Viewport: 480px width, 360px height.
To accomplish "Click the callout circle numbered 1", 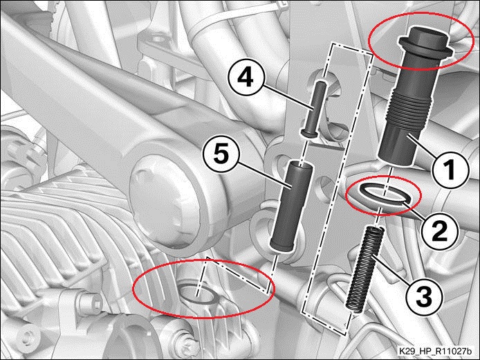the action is [x=450, y=170].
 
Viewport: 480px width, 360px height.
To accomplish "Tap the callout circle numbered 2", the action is [x=439, y=231].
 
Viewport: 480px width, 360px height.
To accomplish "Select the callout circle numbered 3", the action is [x=424, y=296].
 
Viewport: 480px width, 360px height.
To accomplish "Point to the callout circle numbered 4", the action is [x=246, y=78].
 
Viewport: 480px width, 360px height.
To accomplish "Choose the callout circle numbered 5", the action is [x=221, y=154].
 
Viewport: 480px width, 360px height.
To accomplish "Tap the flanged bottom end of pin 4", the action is [x=309, y=134].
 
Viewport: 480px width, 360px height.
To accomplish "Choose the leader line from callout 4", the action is [x=288, y=98].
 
